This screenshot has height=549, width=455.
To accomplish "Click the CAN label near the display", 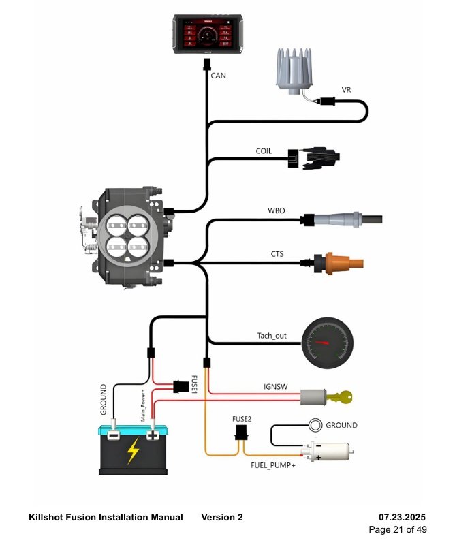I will pyautogui.click(x=218, y=76).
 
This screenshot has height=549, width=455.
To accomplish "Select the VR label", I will pyautogui.click(x=346, y=89).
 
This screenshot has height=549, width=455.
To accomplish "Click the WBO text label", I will pyautogui.click(x=276, y=211).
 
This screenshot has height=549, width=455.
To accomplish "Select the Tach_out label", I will pyautogui.click(x=272, y=335).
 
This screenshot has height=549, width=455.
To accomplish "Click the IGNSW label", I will pyautogui.click(x=274, y=386).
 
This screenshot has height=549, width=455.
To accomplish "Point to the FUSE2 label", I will pyautogui.click(x=241, y=419).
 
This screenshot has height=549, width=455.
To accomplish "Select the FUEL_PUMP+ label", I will pyautogui.click(x=272, y=467).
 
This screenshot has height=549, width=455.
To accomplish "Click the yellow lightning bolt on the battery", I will pyautogui.click(x=134, y=450).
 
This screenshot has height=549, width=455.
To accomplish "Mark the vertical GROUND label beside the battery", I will pyautogui.click(x=104, y=399).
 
